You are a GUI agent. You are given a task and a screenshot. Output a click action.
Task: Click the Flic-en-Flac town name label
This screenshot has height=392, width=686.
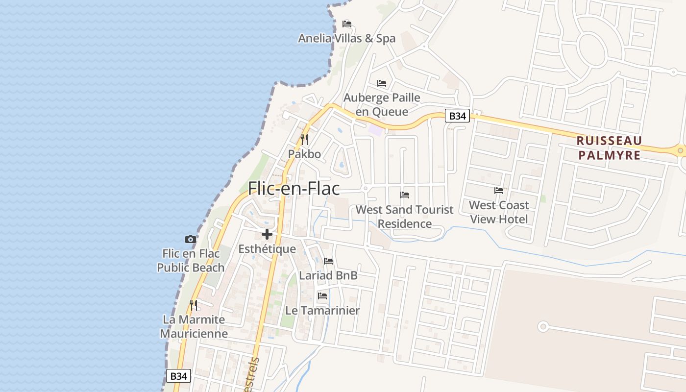point(294,189)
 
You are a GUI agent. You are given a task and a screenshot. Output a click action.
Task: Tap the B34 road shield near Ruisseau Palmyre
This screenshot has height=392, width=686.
point(457,116)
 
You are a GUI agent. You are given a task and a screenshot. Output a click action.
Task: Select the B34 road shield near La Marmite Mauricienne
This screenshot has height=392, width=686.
point(178,376)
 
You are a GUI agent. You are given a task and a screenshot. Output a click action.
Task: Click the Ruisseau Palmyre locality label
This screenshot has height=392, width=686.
point(609,148)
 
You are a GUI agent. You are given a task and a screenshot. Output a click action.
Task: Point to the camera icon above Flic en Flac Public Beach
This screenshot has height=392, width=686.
point(191,239)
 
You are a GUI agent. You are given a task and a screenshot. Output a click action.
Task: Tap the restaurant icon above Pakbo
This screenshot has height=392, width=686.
point(304,140)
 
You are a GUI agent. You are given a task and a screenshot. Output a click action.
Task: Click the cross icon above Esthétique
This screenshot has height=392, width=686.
point(267,234)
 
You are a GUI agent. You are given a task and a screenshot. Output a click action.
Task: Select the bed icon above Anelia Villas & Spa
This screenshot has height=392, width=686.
point(347,24)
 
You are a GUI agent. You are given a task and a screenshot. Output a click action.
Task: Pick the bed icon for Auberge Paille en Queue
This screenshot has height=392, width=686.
point(382,83)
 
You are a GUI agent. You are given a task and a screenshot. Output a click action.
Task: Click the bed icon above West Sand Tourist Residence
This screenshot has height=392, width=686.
point(405,195)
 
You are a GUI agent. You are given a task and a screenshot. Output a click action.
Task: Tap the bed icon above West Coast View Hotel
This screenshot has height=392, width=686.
point(499,190)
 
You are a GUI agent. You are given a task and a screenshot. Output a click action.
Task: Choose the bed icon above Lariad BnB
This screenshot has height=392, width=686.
point(328,261)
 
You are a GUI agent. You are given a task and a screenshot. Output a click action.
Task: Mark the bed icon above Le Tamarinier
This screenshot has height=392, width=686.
point(322,295)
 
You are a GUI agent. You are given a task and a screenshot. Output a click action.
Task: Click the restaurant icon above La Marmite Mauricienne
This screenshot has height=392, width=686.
point(194,305)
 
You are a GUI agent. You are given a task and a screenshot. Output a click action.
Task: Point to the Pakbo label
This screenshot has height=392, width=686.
point(304,154)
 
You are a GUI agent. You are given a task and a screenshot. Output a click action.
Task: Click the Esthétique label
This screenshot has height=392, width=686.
point(267,249)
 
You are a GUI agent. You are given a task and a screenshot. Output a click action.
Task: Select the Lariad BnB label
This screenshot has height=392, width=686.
point(328,275)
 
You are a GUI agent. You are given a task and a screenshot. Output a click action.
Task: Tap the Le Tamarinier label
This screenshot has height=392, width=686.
point(322,310)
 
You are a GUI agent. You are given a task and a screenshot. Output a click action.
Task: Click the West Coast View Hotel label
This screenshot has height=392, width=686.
point(499,212)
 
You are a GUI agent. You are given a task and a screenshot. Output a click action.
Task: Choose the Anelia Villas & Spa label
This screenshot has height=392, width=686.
point(347,38)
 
